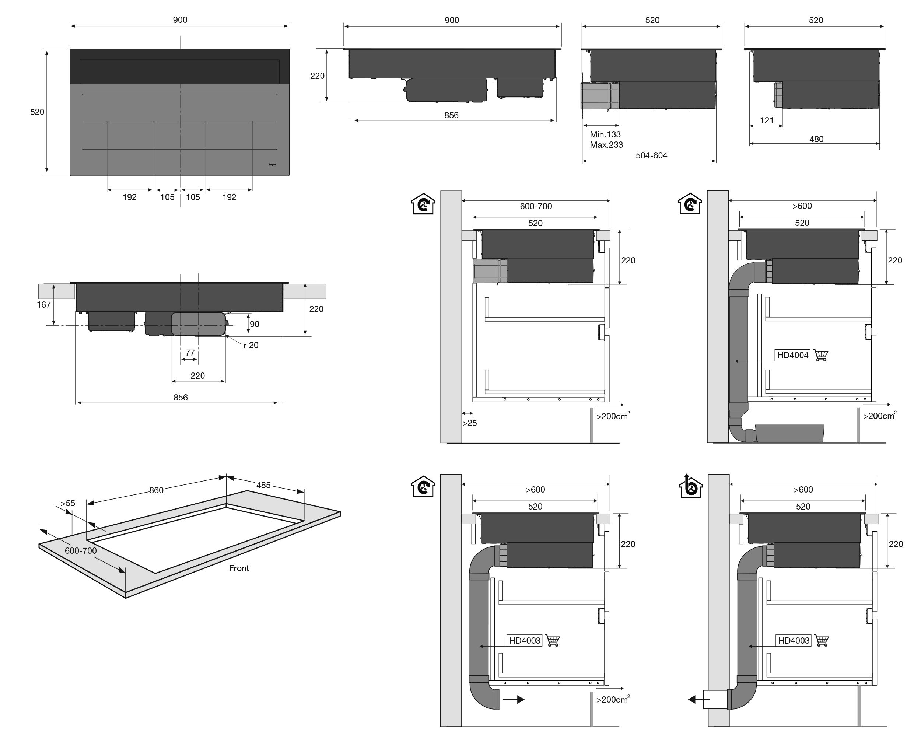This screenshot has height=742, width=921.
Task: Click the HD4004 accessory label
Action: [x=793, y=355]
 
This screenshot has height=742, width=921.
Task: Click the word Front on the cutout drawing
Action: [x=238, y=568]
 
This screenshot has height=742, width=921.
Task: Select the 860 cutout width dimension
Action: [x=157, y=490]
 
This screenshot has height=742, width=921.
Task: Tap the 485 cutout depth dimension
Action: [x=263, y=485]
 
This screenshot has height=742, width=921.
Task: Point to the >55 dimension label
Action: [x=67, y=504]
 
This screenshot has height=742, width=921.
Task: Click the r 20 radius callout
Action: [x=251, y=345]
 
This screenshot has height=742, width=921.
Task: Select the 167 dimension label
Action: [x=43, y=305]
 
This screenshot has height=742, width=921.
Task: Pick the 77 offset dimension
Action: [x=190, y=353]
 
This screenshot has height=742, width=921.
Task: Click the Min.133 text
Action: [x=605, y=134]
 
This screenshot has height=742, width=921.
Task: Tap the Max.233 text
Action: [x=606, y=145]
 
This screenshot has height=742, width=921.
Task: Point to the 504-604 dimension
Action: [x=651, y=155]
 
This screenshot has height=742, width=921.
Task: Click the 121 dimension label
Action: [x=767, y=120]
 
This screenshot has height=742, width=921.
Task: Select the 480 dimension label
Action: [x=816, y=139]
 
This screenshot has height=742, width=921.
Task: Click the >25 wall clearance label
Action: [x=469, y=423]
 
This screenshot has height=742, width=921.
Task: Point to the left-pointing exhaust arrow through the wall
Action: [x=698, y=699]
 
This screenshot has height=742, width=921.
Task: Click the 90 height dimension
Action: [x=254, y=325]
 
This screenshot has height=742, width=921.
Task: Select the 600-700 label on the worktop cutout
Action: [x=81, y=551]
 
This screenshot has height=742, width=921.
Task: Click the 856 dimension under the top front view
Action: [x=451, y=115]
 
